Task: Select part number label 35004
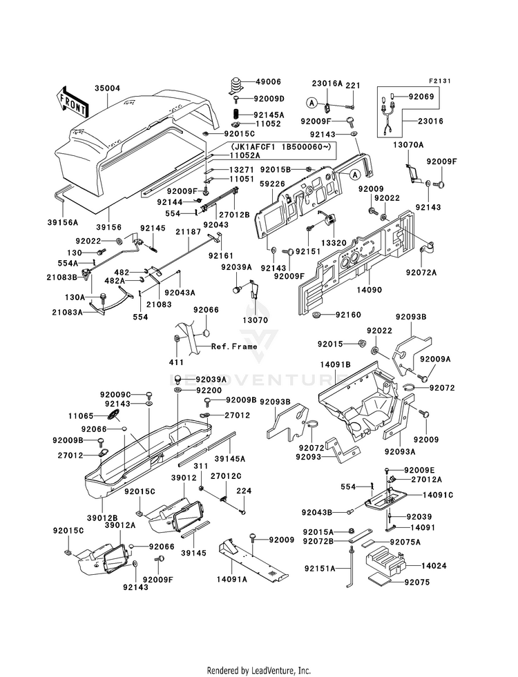point(108,89)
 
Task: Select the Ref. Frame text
point(234,346)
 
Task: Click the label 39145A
point(249,458)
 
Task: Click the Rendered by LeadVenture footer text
point(259,670)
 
